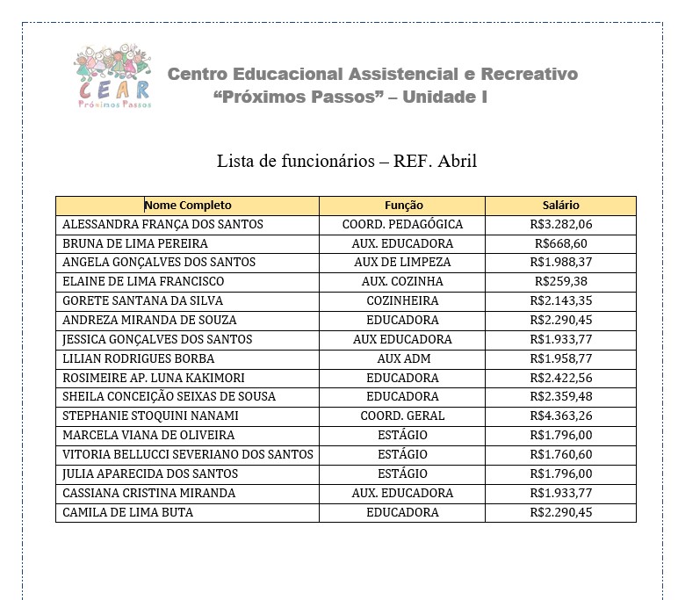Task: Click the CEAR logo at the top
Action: click(113, 77)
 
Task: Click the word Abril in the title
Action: click(457, 162)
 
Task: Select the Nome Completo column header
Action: click(187, 205)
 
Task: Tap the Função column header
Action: click(403, 205)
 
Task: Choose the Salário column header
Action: click(560, 205)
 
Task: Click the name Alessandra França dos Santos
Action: click(163, 224)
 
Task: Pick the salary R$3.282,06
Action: click(561, 224)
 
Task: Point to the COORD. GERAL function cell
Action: click(402, 416)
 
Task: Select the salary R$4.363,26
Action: click(561, 416)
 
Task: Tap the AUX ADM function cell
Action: click(402, 358)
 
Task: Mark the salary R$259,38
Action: click(561, 281)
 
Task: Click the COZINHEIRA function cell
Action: click(402, 300)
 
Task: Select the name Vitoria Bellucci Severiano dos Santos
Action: click(188, 454)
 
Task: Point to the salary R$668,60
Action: click(561, 243)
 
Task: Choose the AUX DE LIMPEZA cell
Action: click(402, 262)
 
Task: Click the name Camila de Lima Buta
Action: click(128, 512)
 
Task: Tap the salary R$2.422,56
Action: click(561, 378)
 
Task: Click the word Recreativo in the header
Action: click(527, 74)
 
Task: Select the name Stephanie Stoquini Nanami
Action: click(151, 416)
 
